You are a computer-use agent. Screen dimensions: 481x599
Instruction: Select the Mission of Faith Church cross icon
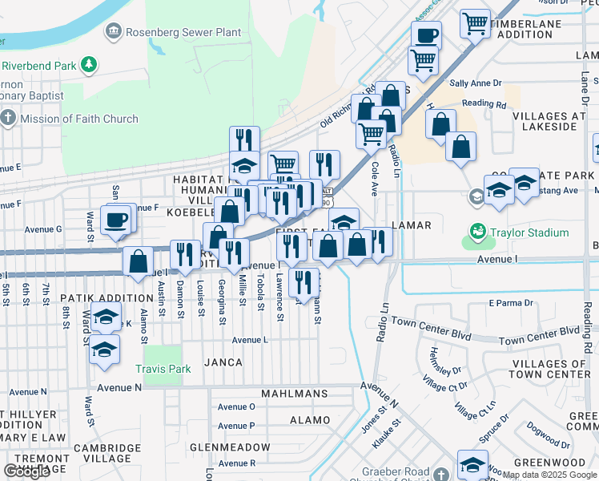click(x=8, y=119)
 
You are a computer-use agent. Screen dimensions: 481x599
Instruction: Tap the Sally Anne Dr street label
click(x=475, y=83)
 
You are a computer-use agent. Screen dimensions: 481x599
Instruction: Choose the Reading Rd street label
click(x=484, y=104)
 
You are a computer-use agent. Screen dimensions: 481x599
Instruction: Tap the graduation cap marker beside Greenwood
click(x=472, y=464)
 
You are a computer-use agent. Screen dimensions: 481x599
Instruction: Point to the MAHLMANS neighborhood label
click(x=295, y=394)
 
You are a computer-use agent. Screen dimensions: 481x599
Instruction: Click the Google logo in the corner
click(x=27, y=471)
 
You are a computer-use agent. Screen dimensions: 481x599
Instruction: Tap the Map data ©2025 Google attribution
click(x=550, y=475)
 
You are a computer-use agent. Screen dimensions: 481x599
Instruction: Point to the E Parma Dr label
click(x=510, y=303)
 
